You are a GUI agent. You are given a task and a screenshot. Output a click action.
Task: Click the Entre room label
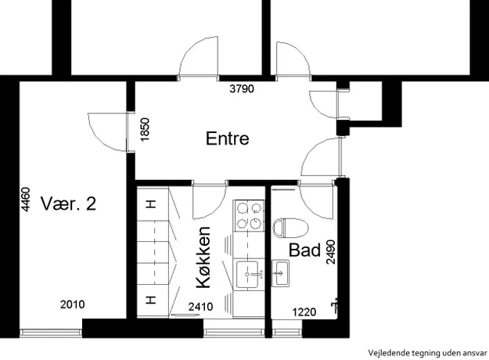pyautogui.click(x=228, y=139)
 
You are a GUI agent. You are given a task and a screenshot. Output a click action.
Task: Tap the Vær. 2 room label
pyautogui.click(x=68, y=203)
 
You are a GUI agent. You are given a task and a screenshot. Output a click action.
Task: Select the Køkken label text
pyautogui.click(x=203, y=257)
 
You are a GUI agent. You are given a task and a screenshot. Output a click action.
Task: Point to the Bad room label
pyautogui.click(x=304, y=250)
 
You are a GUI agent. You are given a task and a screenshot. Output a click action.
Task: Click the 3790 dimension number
pyautogui.click(x=242, y=89)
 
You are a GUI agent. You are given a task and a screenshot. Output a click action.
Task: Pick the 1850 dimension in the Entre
pyautogui.click(x=145, y=129)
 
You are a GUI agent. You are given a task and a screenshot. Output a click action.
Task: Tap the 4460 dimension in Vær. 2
pyautogui.click(x=25, y=200)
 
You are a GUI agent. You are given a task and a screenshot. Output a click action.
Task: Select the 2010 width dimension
pyautogui.click(x=72, y=304)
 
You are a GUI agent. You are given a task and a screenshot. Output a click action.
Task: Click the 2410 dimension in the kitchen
pyautogui.click(x=201, y=307)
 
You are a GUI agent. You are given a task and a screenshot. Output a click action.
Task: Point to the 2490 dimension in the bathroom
pyautogui.click(x=331, y=252)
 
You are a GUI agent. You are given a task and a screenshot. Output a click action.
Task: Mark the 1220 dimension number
pyautogui.click(x=304, y=312)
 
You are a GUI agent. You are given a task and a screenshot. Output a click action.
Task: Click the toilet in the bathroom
pyautogui.click(x=290, y=228)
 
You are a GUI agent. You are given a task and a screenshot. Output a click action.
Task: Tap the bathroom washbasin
pyautogui.click(x=280, y=274)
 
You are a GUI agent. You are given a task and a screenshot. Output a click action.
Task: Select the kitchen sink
pyautogui.click(x=247, y=274)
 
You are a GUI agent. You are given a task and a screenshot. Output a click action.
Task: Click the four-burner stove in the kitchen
pyautogui.click(x=249, y=216)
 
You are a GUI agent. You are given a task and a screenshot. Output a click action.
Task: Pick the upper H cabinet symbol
pyautogui.click(x=151, y=204)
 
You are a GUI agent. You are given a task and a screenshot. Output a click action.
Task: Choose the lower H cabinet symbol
pyautogui.click(x=151, y=300)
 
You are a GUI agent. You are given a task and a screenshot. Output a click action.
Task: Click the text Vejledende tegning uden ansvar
pyautogui.click(x=427, y=353)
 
